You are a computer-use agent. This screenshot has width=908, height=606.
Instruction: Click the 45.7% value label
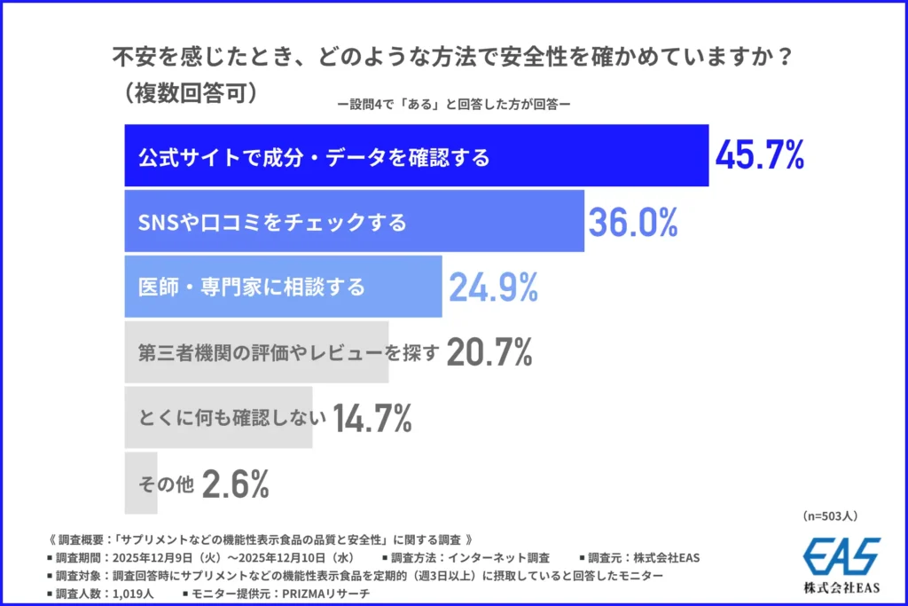760,155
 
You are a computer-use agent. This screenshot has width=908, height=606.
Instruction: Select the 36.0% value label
633,222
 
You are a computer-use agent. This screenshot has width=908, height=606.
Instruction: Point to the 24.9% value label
493,287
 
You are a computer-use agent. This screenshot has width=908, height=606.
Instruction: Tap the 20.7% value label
489,352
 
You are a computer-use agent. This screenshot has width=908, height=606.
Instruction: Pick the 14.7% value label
372,418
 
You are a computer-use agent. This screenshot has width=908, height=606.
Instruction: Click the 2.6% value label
235,484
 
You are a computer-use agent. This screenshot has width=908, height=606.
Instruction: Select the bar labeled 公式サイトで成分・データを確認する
416,156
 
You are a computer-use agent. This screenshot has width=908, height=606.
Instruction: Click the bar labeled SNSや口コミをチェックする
354,222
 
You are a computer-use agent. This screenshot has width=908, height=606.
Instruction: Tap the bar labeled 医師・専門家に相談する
283,287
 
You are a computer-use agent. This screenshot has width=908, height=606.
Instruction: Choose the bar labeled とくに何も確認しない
218,418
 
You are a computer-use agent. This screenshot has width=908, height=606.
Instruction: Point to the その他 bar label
166,484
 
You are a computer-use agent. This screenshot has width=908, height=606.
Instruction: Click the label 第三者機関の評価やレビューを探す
289,352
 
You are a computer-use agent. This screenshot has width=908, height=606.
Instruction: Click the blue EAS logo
841,557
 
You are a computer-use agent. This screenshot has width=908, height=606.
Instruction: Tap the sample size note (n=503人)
829,515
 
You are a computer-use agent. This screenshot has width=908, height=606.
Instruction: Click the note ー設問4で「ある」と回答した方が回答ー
453,103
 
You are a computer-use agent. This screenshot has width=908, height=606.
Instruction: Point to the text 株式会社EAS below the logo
841,587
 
